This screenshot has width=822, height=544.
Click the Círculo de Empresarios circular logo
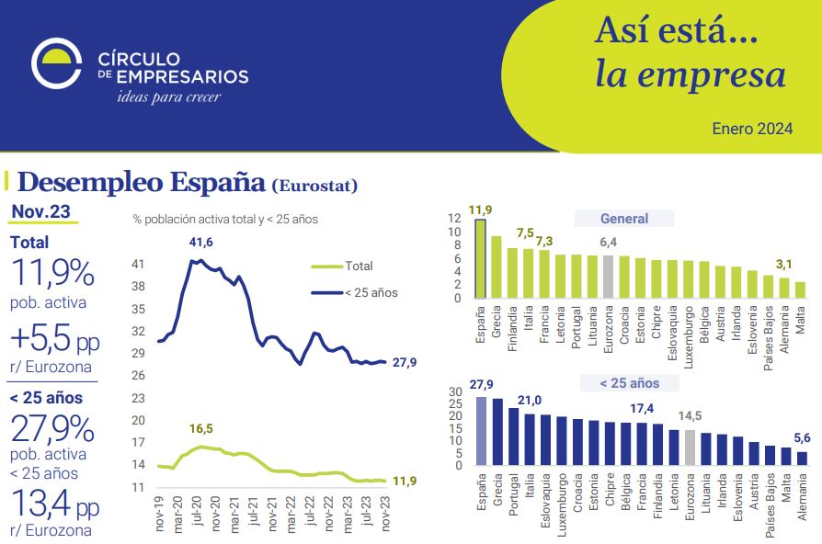click(x=56, y=62)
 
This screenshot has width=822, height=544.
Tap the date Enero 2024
click(x=752, y=129)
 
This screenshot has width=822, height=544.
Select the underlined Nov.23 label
click(x=40, y=212)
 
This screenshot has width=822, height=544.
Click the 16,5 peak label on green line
click(x=201, y=429)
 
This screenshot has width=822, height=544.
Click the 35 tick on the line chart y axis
click(x=139, y=309)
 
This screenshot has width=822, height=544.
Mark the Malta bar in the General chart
click(x=799, y=289)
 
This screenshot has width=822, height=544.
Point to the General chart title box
click(x=624, y=219)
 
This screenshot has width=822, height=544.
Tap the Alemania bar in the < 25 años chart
click(x=802, y=458)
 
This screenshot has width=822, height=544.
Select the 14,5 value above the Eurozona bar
click(x=690, y=416)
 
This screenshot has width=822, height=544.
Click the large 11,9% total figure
click(x=51, y=274)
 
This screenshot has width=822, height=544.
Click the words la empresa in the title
click(x=691, y=74)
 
